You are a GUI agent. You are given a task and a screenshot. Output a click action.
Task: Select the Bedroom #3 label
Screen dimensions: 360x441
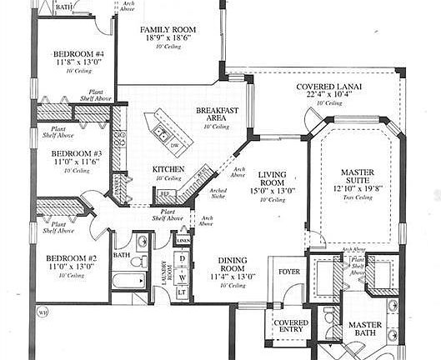[76, 154]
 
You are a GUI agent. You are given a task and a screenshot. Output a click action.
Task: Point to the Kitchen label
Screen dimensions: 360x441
[168, 169]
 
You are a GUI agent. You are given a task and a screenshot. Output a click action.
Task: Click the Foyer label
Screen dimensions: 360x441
[289, 272]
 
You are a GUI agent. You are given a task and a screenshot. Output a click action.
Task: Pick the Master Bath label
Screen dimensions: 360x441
[365, 330]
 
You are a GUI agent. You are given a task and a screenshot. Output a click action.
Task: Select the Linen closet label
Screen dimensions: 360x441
[183, 241]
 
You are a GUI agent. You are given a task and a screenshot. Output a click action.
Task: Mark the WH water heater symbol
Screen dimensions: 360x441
[42, 313]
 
